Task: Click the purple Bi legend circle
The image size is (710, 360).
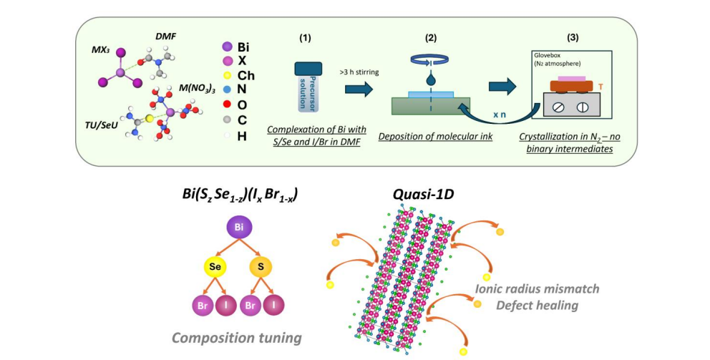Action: pos(226,46)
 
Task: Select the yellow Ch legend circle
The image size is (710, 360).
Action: pos(226,76)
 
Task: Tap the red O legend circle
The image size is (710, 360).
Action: pos(226,106)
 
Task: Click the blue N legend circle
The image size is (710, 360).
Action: pos(226,91)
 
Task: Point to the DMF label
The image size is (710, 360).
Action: pos(165,35)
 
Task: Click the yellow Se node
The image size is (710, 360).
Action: pos(213,267)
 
